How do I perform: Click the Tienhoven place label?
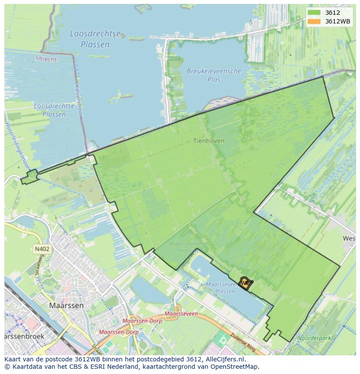coord(209,141)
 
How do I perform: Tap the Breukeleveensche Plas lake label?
coord(214,75)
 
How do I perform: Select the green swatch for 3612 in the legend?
coord(314,13)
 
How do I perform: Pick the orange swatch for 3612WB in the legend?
coord(314,21)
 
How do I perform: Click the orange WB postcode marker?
coord(245,283)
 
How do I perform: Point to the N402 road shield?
coord(42,249)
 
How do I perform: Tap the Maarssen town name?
coord(67,305)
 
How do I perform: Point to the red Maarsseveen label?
coord(181,314)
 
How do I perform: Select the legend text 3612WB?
coord(338,21)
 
